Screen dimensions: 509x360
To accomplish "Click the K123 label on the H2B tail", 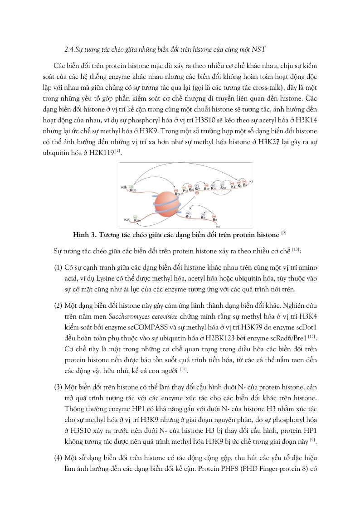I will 133,191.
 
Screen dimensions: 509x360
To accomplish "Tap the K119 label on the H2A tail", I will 137,220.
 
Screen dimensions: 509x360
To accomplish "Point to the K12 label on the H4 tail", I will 189,217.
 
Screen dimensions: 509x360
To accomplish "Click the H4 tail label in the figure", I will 218,226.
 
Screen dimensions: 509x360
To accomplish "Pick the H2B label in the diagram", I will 123,187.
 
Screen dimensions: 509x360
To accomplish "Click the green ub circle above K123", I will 131,186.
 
